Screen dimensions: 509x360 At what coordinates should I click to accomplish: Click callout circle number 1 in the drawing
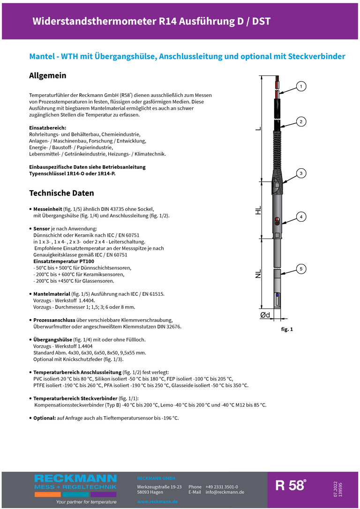point(301,86)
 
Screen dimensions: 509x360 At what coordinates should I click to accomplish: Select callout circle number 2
point(301,122)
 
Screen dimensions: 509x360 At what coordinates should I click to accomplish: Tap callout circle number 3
point(301,173)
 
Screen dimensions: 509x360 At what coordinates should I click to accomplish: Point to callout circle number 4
point(301,217)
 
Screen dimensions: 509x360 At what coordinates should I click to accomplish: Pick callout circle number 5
point(301,269)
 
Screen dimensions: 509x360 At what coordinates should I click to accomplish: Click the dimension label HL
point(258,211)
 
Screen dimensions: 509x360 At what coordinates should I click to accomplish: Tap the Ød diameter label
point(265,315)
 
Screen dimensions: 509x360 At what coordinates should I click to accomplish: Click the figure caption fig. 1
point(287,329)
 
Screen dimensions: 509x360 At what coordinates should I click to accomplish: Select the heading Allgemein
point(48,75)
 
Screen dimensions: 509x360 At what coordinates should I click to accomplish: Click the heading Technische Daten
point(61,193)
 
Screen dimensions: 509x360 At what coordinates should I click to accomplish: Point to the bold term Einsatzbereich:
point(47,127)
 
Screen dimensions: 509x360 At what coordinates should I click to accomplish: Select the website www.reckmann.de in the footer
point(157,502)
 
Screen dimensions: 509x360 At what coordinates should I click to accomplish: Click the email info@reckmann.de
point(225,492)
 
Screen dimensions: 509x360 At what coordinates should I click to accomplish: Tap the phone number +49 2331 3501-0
point(222,487)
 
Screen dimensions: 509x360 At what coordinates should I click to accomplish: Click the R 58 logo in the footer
point(291,486)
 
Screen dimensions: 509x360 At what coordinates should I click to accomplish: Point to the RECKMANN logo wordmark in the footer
point(75,479)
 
